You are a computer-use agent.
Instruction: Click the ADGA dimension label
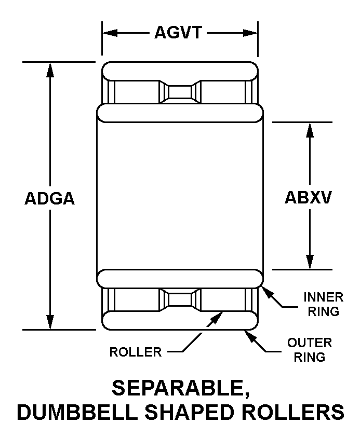pyautogui.click(x=50, y=198)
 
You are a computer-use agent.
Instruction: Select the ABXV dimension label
pyautogui.click(x=308, y=198)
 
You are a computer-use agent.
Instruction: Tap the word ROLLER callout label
pyautogui.click(x=136, y=352)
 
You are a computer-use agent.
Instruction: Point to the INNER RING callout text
pyautogui.click(x=324, y=304)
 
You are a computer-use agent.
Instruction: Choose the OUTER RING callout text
pyautogui.click(x=310, y=350)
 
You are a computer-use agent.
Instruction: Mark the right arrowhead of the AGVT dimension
pyautogui.click(x=250, y=33)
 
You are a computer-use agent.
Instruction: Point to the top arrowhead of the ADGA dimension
pyautogui.click(x=50, y=70)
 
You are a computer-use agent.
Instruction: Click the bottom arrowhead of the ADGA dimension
pyautogui.click(x=50, y=322)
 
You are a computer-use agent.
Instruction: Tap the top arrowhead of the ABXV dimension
pyautogui.click(x=310, y=130)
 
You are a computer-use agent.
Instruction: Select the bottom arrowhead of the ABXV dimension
pyautogui.click(x=310, y=262)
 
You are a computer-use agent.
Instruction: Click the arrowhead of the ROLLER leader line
pyautogui.click(x=217, y=318)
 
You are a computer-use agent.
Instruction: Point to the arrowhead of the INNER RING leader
pyautogui.click(x=268, y=293)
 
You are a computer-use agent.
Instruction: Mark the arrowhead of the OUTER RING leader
pyautogui.click(x=250, y=337)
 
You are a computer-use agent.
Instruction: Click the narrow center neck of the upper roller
pyautogui.click(x=180, y=92)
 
